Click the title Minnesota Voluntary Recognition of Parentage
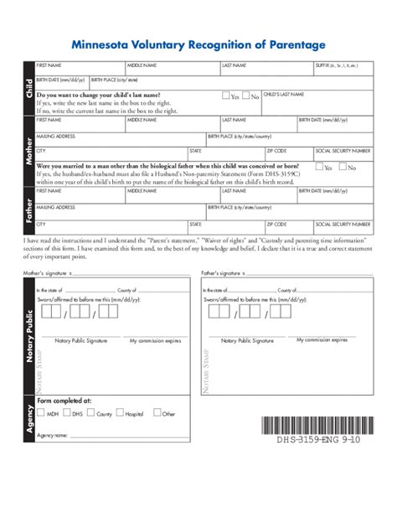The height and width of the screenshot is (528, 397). (x=198, y=44)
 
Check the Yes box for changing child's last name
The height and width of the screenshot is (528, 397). (x=226, y=96)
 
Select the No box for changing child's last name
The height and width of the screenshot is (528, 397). (x=248, y=96)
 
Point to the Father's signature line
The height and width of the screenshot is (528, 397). (x=302, y=274)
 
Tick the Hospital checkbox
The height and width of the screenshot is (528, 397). (x=121, y=412)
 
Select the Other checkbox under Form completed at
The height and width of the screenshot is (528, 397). (x=157, y=412)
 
